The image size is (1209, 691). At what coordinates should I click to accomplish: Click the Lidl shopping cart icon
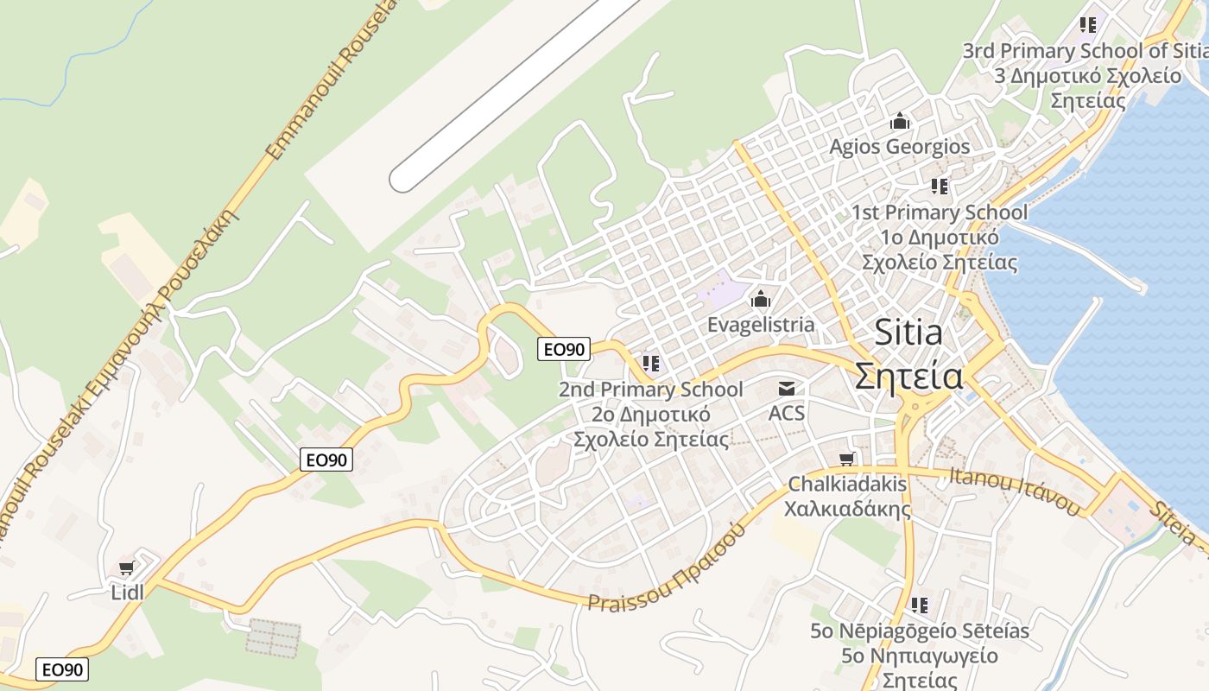tap(127, 568)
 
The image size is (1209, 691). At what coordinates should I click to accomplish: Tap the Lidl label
tap(128, 592)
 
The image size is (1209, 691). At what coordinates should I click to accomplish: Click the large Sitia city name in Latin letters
tap(908, 333)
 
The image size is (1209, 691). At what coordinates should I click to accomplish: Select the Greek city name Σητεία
tap(909, 376)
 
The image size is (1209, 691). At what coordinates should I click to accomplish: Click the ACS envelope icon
tap(786, 390)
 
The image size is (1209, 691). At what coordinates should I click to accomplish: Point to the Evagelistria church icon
tap(761, 300)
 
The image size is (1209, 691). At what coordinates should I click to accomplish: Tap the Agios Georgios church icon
tap(900, 121)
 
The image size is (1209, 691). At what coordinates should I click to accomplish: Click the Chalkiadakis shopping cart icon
tap(847, 460)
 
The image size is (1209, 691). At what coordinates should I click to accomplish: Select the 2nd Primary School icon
tap(650, 364)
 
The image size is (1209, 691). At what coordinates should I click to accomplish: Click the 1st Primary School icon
tap(940, 186)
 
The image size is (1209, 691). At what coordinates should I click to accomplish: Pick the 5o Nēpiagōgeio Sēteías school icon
tap(920, 605)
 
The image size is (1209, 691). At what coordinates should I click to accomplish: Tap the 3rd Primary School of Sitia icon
tap(1087, 24)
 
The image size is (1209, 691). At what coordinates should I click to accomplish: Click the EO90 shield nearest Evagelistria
tap(564, 349)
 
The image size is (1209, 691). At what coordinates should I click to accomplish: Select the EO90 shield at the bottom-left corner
tap(62, 669)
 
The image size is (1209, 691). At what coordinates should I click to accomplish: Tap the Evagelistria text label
tap(761, 325)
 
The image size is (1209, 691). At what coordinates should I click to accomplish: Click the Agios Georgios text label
tap(900, 147)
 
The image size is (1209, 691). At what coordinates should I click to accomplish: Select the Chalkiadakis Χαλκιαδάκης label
tap(847, 496)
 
